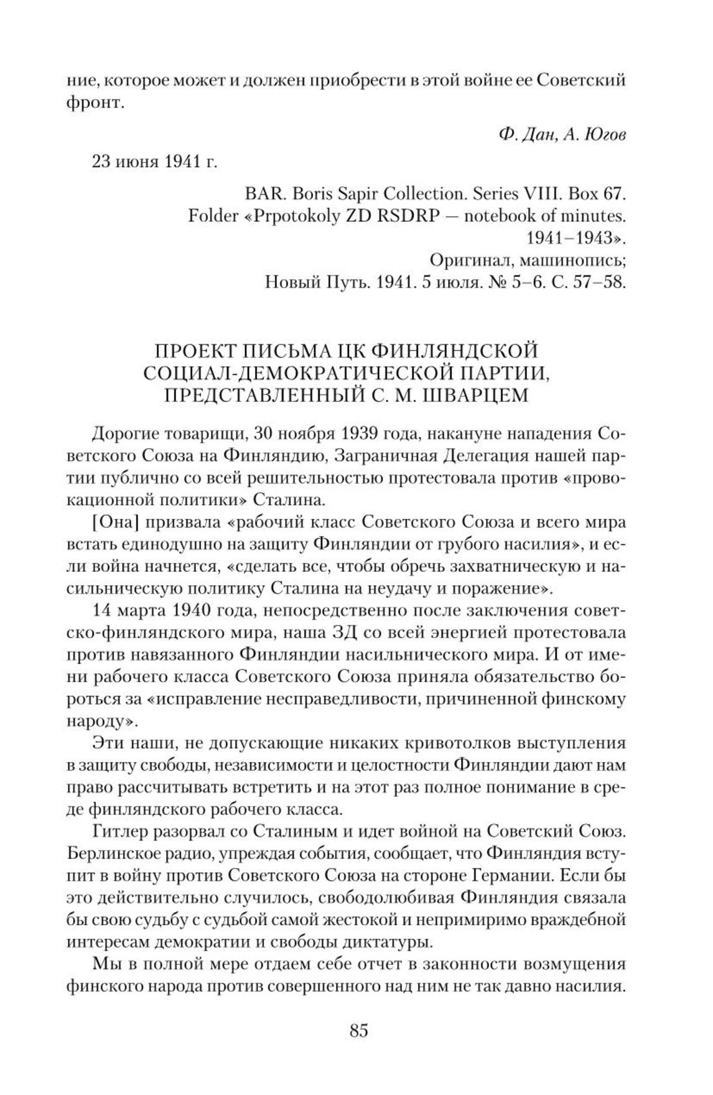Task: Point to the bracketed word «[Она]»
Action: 114,521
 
